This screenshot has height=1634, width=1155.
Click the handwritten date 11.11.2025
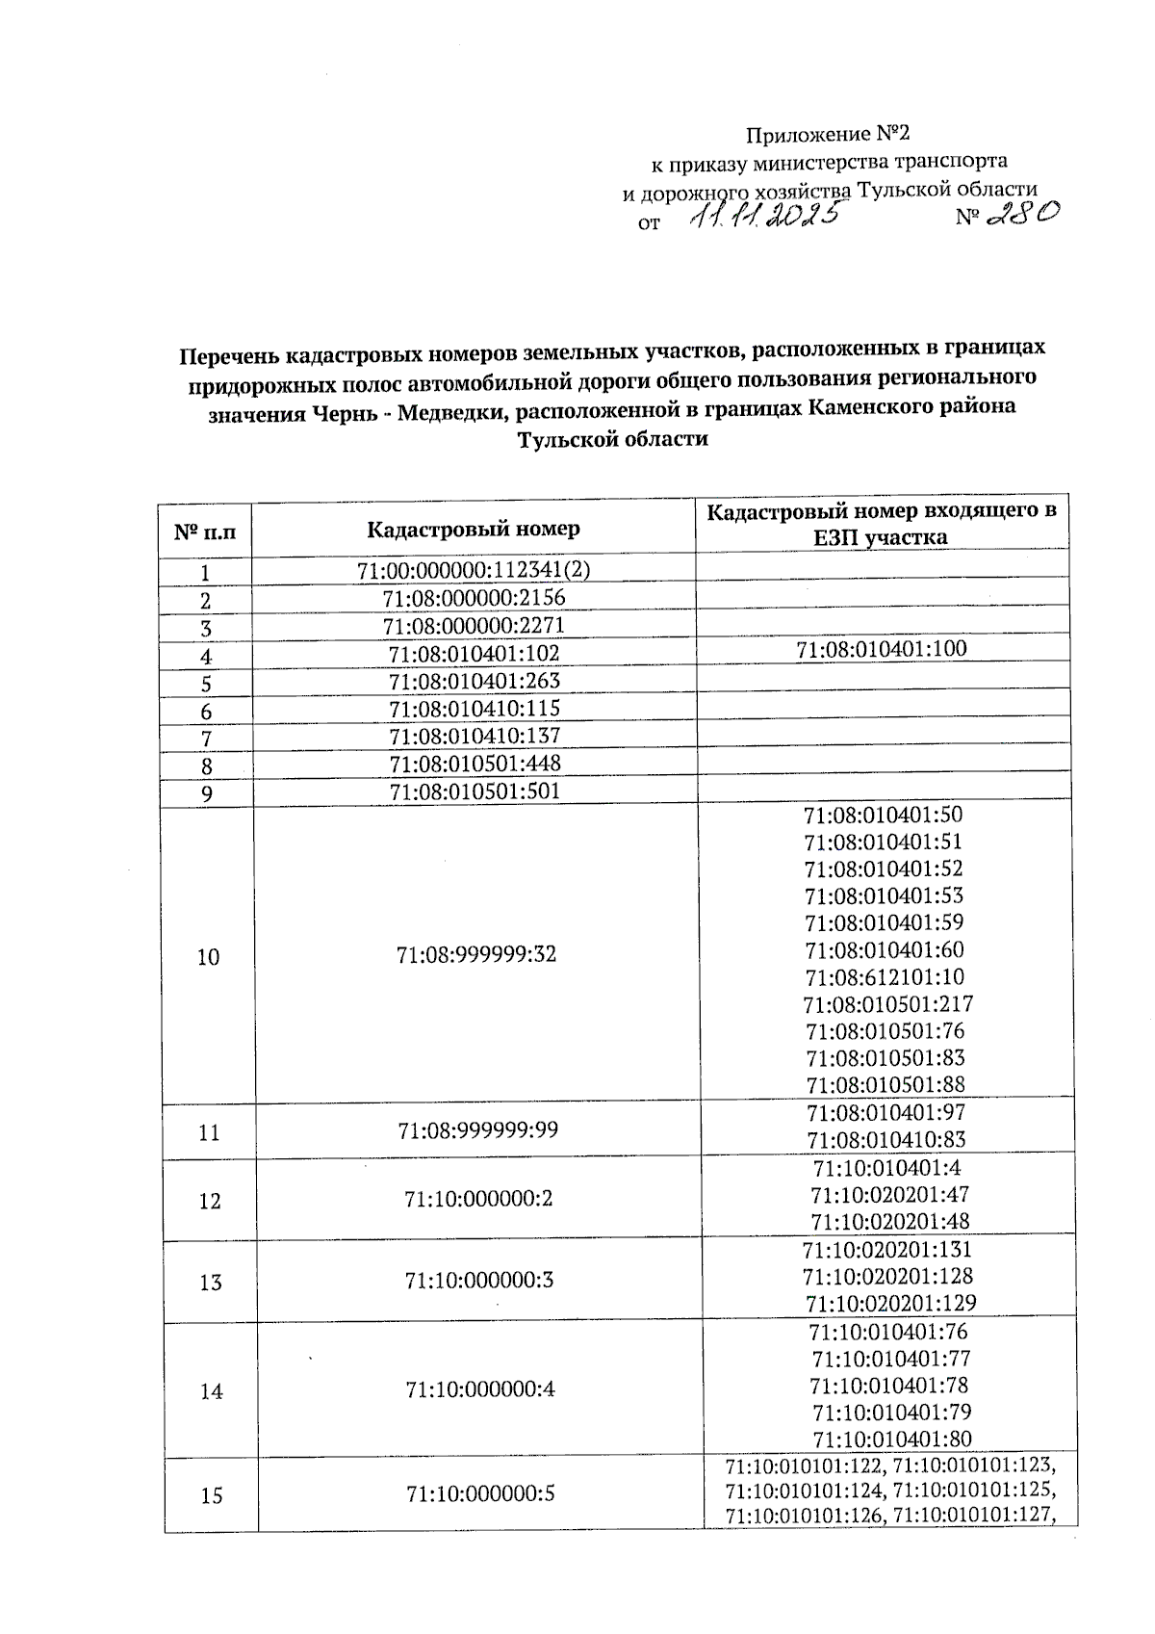(x=765, y=216)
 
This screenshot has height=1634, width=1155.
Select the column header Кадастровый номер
(x=474, y=529)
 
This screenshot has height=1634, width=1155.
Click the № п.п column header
(x=204, y=530)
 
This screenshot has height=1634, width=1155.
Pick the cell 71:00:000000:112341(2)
(x=474, y=570)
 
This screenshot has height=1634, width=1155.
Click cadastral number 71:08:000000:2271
(x=474, y=626)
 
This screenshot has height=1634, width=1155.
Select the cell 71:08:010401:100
(x=882, y=648)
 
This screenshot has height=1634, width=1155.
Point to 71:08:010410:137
(x=474, y=737)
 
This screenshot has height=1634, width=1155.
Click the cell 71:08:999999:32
(x=475, y=955)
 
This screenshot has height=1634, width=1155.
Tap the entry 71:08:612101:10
(x=885, y=977)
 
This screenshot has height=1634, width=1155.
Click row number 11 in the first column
(x=209, y=1132)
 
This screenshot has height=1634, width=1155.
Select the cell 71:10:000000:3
(x=479, y=1281)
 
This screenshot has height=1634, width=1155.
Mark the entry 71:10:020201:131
(x=886, y=1250)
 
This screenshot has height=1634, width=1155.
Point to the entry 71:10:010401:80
(x=891, y=1439)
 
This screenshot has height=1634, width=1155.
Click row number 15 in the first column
(x=211, y=1495)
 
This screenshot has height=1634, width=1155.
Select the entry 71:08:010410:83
(x=886, y=1140)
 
